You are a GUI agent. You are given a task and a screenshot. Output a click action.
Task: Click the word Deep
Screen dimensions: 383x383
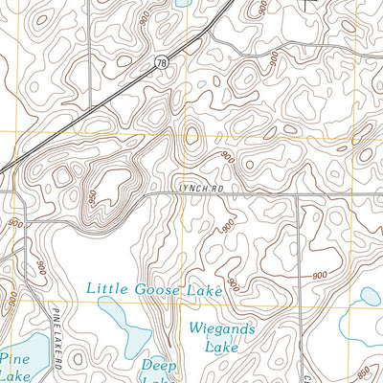pos(160,365)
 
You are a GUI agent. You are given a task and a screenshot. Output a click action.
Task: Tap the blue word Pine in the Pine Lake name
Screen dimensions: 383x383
pos(16,358)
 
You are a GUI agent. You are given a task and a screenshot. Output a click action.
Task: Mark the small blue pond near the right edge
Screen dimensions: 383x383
pos(368,299)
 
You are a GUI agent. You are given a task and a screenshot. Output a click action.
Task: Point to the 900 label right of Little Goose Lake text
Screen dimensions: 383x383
pos(319,276)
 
